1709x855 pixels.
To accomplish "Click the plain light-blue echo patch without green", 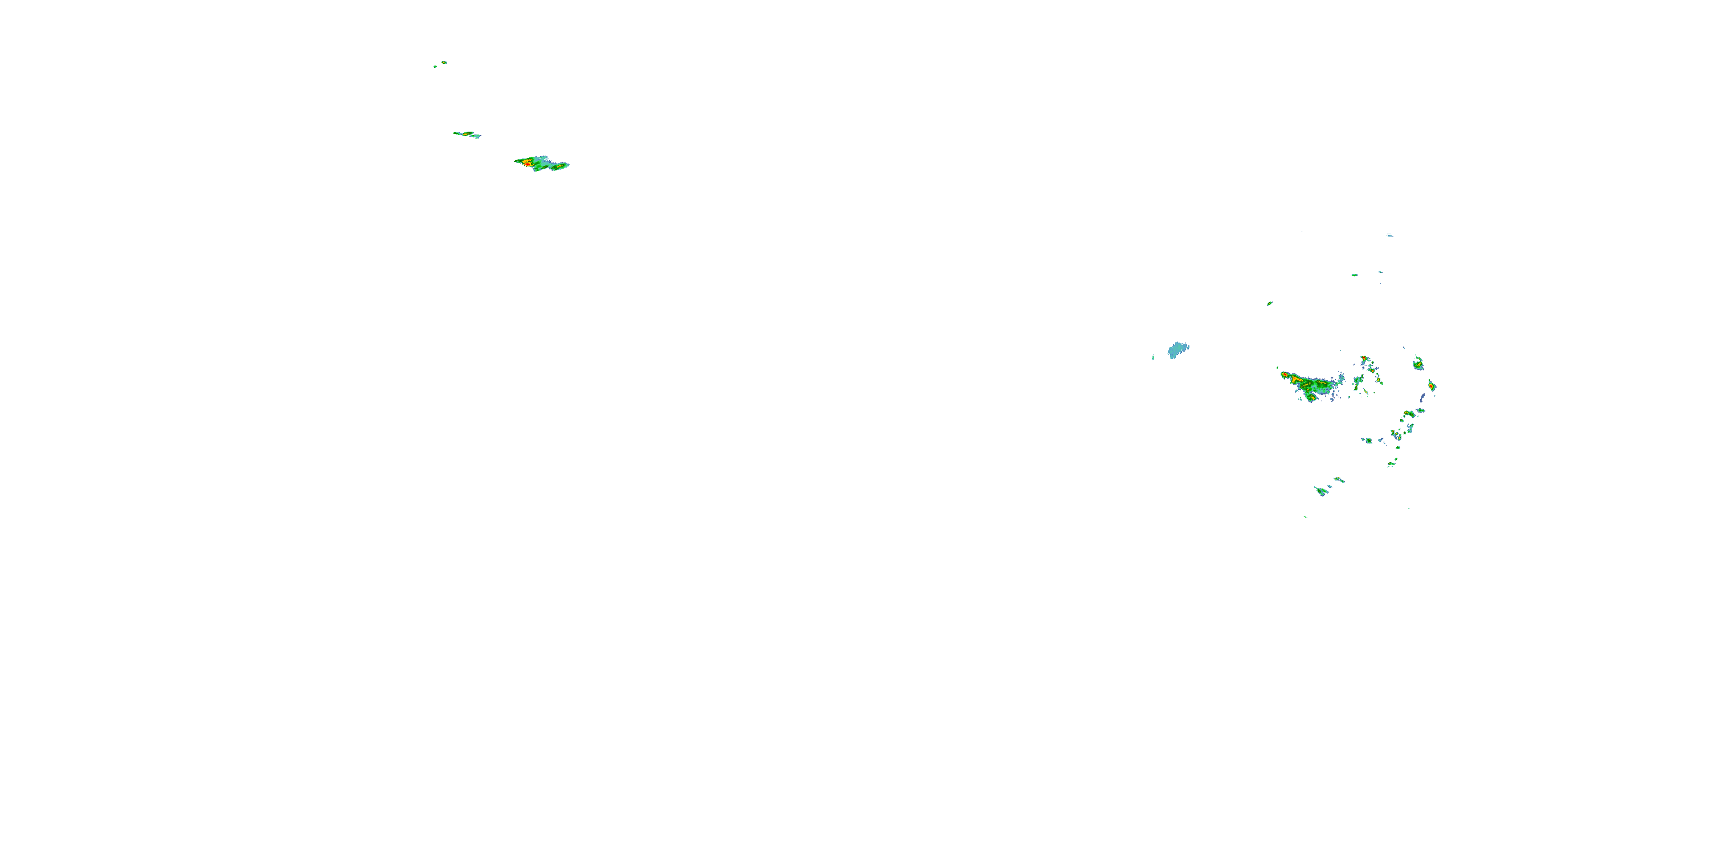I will pyautogui.click(x=1178, y=350).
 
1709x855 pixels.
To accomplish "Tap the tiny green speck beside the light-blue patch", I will pyautogui.click(x=1153, y=359).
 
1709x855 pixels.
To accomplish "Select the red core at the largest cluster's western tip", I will pyautogui.click(x=1285, y=375).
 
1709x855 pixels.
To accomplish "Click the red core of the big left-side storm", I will pyautogui.click(x=526, y=162).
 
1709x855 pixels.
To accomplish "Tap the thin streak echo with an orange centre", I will pyautogui.click(x=466, y=134).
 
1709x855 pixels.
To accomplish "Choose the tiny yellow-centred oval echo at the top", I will pyautogui.click(x=444, y=62).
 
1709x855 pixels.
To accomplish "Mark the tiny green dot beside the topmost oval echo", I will pyautogui.click(x=435, y=66).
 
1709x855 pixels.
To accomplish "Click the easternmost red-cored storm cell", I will pyautogui.click(x=1432, y=386).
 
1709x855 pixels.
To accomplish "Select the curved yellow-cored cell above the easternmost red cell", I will pyautogui.click(x=1418, y=363).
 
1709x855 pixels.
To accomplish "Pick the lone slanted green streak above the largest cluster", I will pyautogui.click(x=1269, y=303).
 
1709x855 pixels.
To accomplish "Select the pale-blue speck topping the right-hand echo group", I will pyautogui.click(x=1389, y=235).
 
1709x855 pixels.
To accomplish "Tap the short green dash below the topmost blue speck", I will pyautogui.click(x=1354, y=275).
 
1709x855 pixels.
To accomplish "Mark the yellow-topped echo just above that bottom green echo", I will pyautogui.click(x=1338, y=479).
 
